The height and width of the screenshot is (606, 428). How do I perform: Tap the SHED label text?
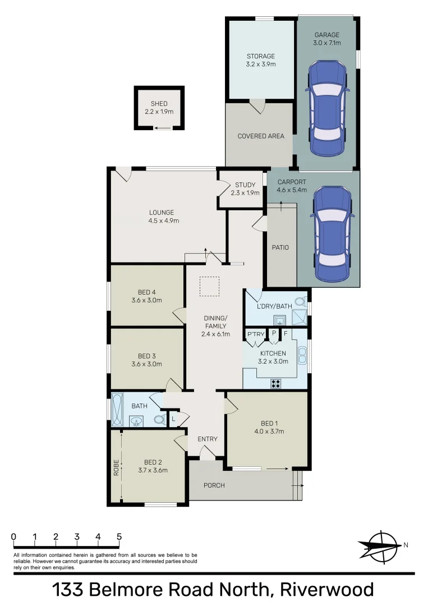coord(159,104)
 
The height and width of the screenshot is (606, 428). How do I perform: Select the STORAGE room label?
coord(261,56)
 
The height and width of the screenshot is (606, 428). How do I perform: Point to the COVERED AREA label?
coord(261,136)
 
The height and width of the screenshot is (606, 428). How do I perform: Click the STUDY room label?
coord(245,185)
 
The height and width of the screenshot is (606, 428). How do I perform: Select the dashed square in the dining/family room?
coord(210,286)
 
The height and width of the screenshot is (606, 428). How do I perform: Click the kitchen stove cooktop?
coord(276,383)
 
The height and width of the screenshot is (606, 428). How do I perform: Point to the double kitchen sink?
coord(303,355)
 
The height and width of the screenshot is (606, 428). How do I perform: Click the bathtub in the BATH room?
coord(117,410)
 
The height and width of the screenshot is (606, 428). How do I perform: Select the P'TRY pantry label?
coord(256,335)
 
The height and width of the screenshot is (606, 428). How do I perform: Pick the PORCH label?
coord(214,485)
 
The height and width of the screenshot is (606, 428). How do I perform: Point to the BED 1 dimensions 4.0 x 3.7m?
coord(268,431)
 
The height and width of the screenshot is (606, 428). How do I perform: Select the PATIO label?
coord(280,247)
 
